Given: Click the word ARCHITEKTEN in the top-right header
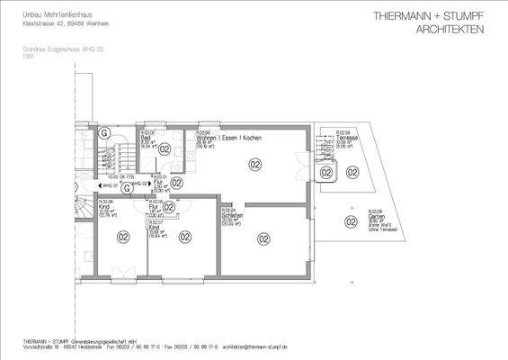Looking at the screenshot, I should [x=450, y=30].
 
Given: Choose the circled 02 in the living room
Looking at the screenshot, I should [x=254, y=165].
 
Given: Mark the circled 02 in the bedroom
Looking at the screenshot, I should [x=263, y=238].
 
